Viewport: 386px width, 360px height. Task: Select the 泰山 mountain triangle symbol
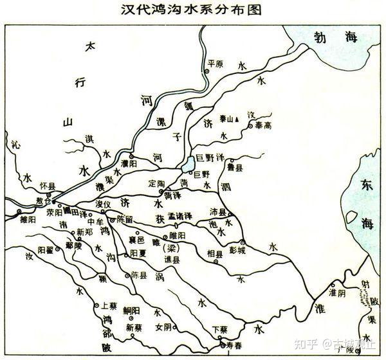pos(237,119)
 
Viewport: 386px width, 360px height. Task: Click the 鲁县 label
pos(235,168)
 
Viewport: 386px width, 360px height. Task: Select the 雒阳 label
pos(30,219)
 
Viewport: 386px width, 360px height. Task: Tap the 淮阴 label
pos(337,291)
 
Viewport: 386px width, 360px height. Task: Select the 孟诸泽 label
pos(180,217)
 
